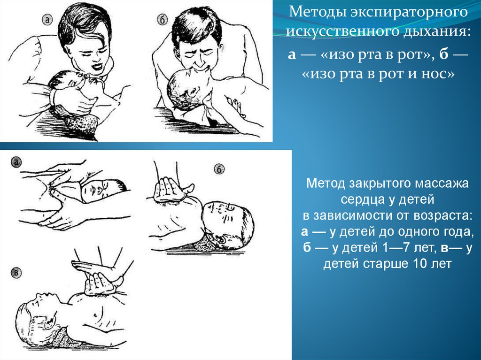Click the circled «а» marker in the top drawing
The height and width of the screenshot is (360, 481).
pos(47,20)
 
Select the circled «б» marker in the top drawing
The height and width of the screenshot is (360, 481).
pos(162,20)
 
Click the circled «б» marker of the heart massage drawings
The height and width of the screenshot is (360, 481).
pos(219,169)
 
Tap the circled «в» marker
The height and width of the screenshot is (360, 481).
pos(16,273)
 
